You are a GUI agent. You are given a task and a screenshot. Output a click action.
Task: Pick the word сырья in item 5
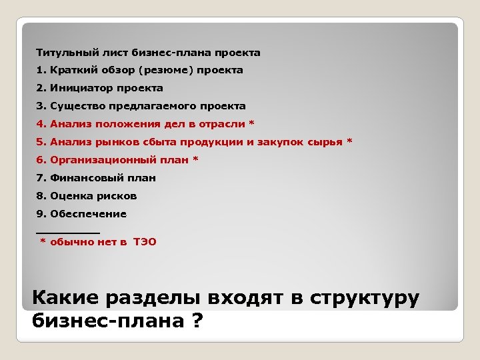325,142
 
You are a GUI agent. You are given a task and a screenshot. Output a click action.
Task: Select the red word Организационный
97,160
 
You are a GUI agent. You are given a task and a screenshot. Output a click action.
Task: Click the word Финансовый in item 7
81,178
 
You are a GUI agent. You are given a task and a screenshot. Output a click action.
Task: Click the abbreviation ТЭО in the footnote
145,242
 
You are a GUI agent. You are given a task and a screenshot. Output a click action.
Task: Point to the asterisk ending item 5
349,141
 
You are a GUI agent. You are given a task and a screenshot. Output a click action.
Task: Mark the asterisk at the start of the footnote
43,242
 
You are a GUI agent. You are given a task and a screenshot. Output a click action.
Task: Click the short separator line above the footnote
67,232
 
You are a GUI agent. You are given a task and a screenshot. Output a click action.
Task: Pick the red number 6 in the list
39,160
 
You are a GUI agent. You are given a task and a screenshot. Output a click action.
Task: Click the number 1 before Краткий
39,70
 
